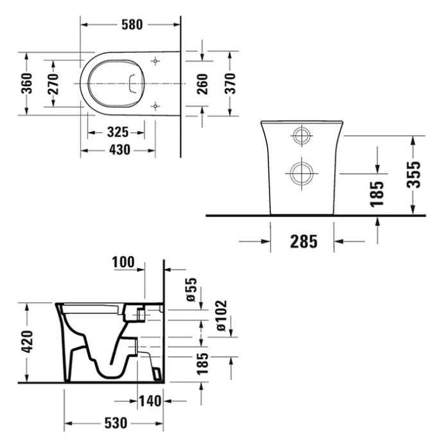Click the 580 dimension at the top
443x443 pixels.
pyautogui.click(x=131, y=24)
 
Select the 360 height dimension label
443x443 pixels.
pyautogui.click(x=26, y=83)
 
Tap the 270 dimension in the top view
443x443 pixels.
pyautogui.click(x=53, y=83)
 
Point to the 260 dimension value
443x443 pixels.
pyautogui.click(x=202, y=83)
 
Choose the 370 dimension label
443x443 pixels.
pyautogui.click(x=230, y=83)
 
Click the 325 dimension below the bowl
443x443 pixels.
pyautogui.click(x=117, y=133)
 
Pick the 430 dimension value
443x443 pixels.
pyautogui.click(x=117, y=150)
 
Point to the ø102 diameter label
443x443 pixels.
pyautogui.click(x=220, y=316)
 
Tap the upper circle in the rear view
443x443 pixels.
pyautogui.click(x=300, y=135)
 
